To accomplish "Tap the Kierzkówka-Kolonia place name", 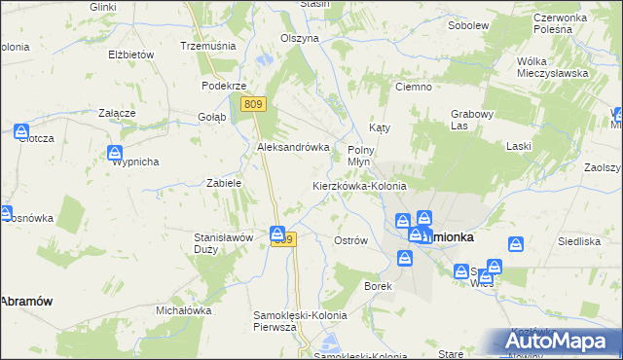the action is tap(358, 185).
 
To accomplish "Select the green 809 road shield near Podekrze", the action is tap(254, 104).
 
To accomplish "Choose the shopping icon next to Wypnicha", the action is tap(115, 153).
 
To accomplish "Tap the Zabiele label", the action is tap(224, 182).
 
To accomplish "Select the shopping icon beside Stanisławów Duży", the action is tap(277, 234).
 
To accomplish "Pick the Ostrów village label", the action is tap(349, 240).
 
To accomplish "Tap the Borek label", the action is tap(378, 286).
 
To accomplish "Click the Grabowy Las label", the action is tap(473, 120).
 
